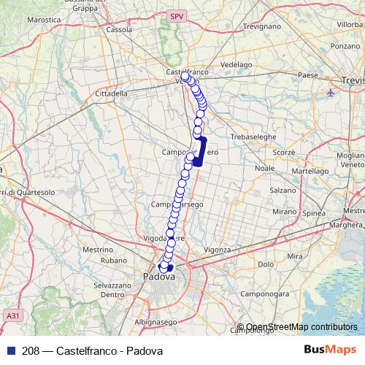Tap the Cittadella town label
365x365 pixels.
pos(112,93)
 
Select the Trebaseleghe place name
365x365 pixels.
pos(250,137)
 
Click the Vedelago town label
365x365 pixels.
pos(236,64)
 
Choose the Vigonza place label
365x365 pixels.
pos(217,250)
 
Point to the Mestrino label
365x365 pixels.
pos(97,250)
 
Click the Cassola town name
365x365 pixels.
pos(119,30)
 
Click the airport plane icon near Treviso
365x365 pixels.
pos(332,93)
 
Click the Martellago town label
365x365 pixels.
pos(310,170)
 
